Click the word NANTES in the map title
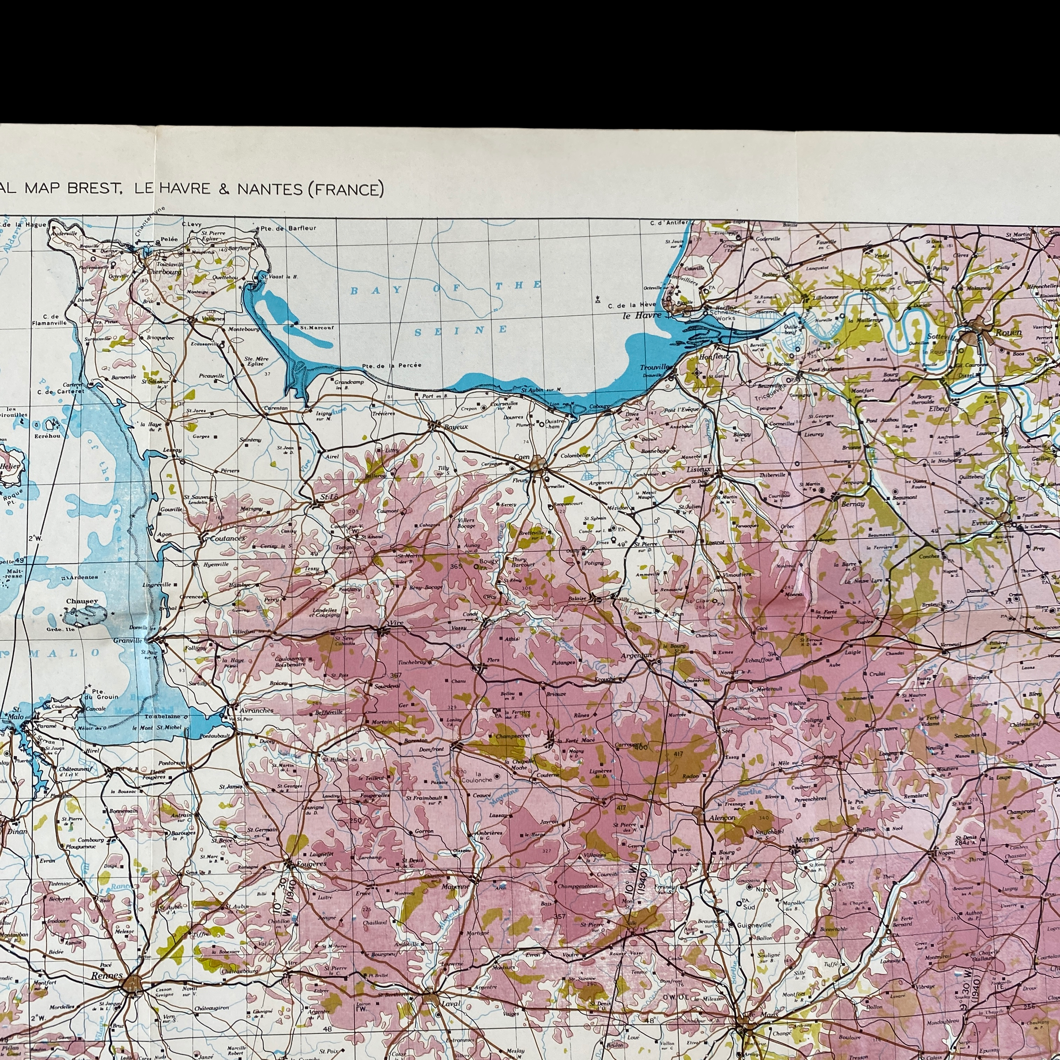pyautogui.click(x=270, y=189)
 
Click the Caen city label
pyautogui.click(x=522, y=457)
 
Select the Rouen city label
pyautogui.click(x=1009, y=333)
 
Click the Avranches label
pyautogui.click(x=256, y=711)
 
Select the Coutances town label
pyautogui.click(x=227, y=538)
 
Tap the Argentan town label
pyautogui.click(x=636, y=655)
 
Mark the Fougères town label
pyautogui.click(x=310, y=863)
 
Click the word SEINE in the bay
pyautogui.click(x=461, y=330)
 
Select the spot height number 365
pyautogui.click(x=456, y=566)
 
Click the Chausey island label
pyautogui.click(x=82, y=601)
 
